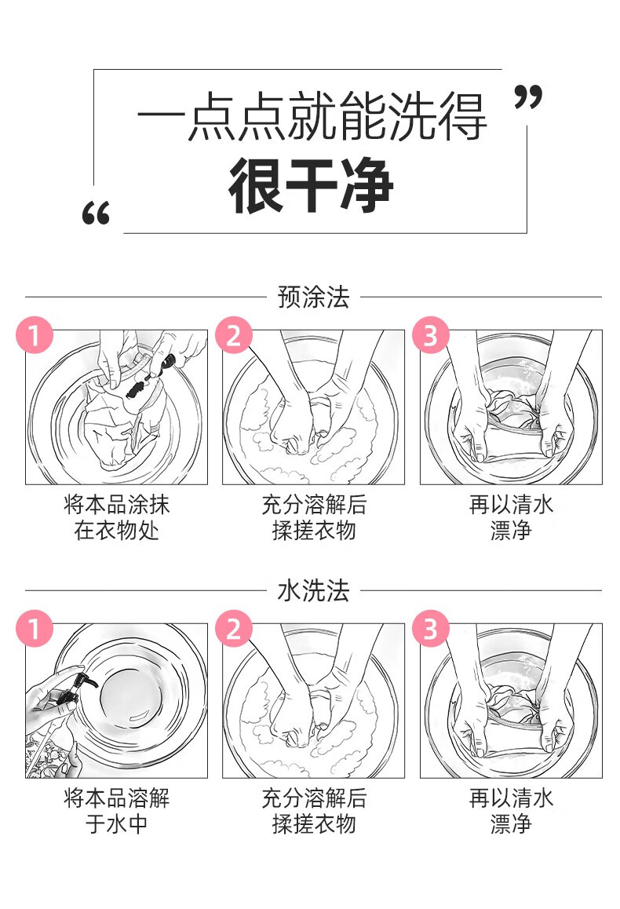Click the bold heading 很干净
[311, 188]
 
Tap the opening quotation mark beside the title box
[96, 214]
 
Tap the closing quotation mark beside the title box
[527, 98]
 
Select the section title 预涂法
[313, 298]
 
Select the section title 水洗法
[313, 591]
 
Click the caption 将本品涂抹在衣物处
[116, 517]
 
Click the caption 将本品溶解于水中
[116, 811]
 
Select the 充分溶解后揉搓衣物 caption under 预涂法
[313, 517]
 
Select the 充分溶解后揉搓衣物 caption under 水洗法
[313, 811]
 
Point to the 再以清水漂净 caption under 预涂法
[511, 517]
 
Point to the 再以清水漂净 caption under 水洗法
[511, 811]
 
